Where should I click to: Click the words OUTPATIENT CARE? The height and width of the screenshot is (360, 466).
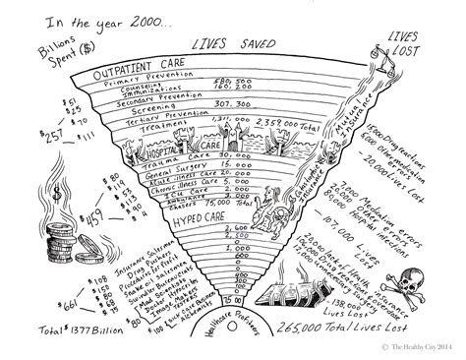pyautogui.click(x=141, y=75)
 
